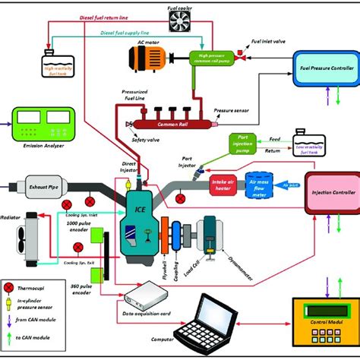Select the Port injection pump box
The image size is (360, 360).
244,143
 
